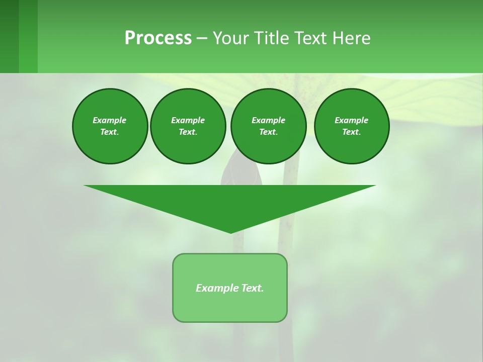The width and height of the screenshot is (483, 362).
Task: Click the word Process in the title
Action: point(158,38)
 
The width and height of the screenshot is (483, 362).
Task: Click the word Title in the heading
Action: point(271,38)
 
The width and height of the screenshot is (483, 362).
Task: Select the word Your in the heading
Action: point(231,38)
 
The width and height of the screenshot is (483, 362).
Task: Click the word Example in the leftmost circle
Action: point(110,120)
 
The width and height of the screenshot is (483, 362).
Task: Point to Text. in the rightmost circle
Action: point(351,132)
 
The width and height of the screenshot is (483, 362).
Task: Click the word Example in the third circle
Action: point(268,120)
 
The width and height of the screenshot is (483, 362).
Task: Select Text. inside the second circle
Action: point(188,132)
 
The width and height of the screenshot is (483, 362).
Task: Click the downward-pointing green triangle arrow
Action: point(230,201)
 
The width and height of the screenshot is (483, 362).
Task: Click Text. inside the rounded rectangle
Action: point(253,288)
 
